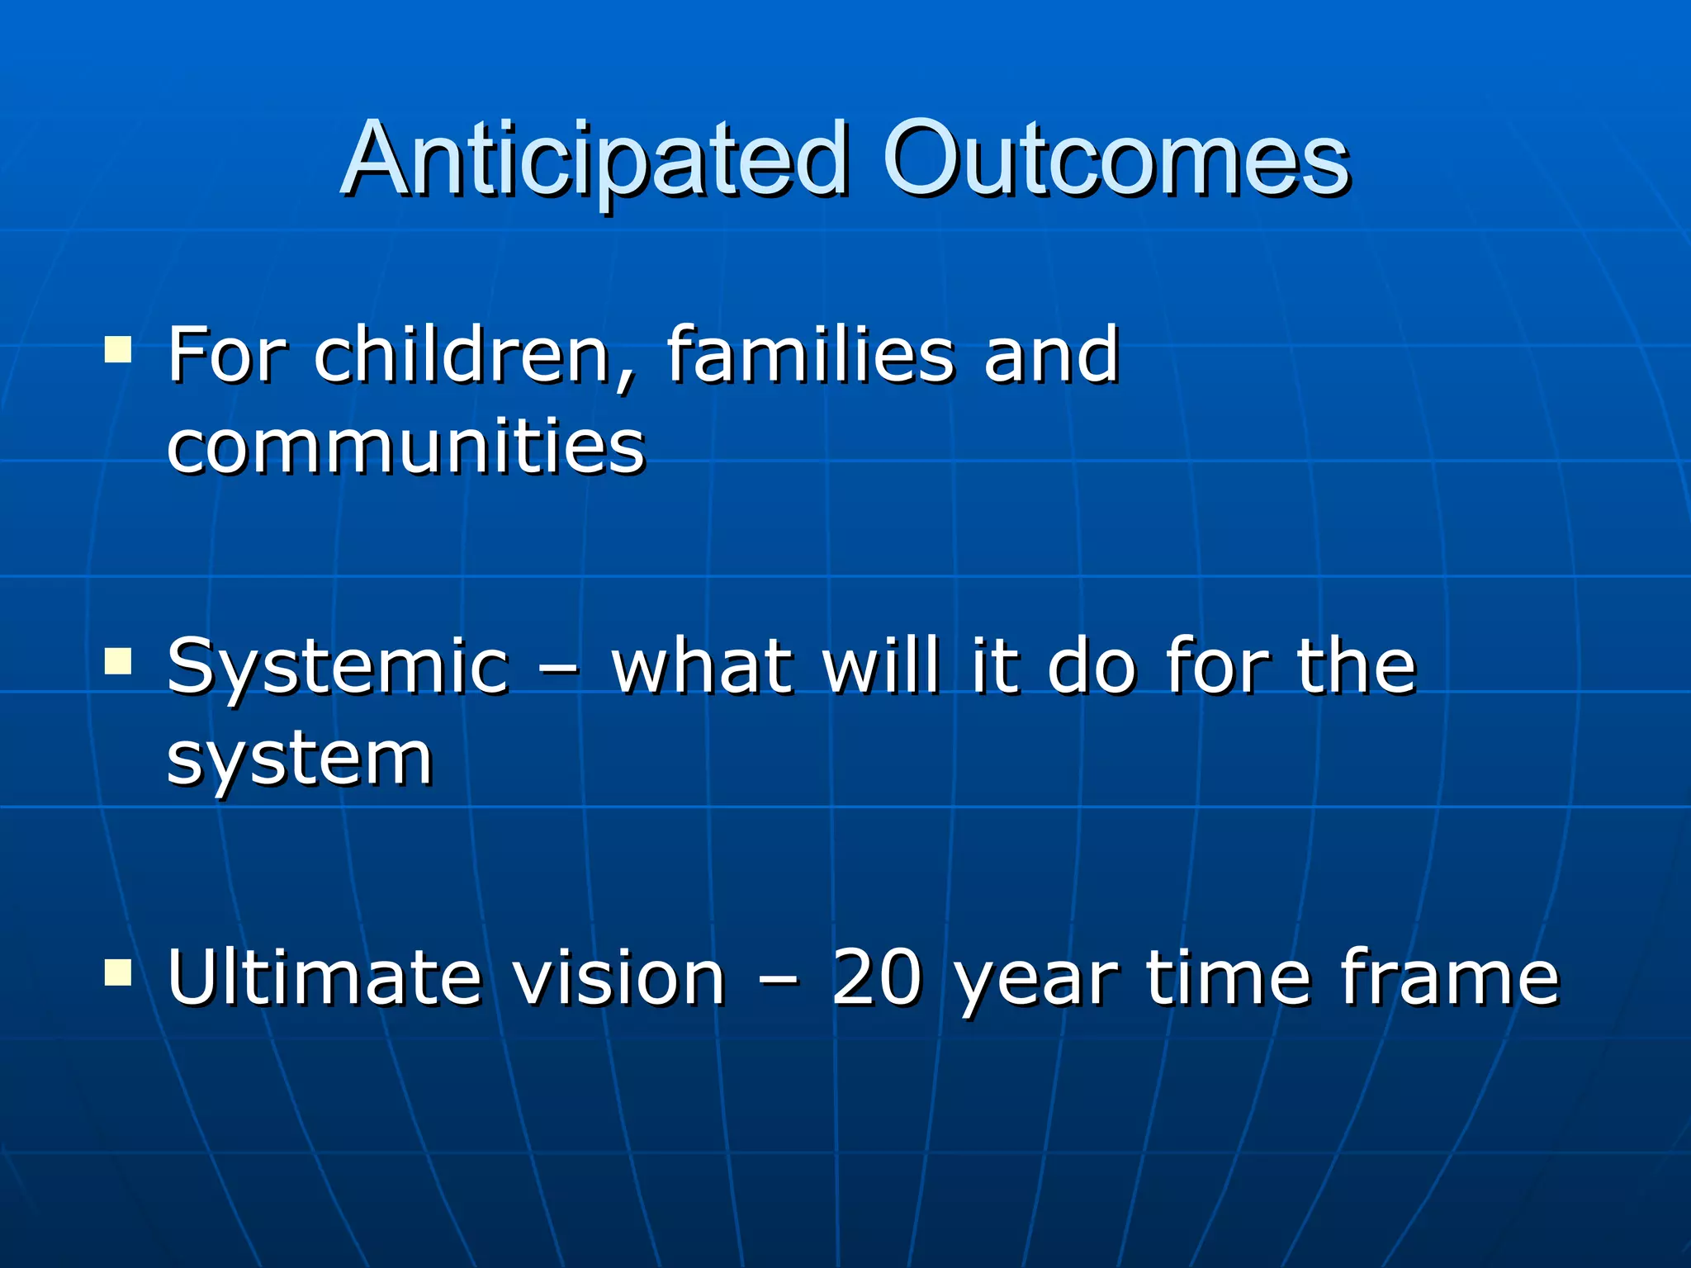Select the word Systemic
[337, 667]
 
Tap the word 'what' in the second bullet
[702, 667]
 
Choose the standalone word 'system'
[299, 759]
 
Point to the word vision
[618, 977]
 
